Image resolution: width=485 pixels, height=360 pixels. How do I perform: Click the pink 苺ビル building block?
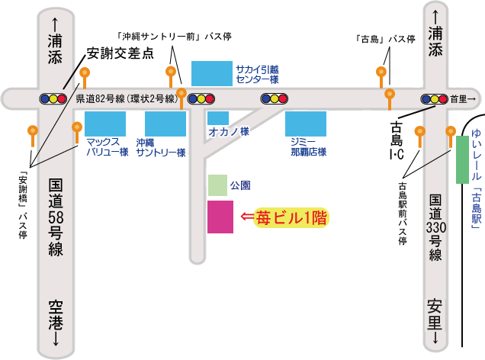(220, 217)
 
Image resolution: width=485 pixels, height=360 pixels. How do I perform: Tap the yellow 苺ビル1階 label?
(292, 218)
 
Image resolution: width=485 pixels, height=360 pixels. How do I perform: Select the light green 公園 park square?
(217, 185)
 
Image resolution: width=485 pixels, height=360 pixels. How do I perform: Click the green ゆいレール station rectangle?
(462, 159)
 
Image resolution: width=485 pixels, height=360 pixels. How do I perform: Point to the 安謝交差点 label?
(120, 54)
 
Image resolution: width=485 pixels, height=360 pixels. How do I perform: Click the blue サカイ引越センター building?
(212, 73)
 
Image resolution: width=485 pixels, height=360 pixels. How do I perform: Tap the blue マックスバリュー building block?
(105, 124)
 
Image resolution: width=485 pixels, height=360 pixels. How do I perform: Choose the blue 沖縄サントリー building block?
(165, 124)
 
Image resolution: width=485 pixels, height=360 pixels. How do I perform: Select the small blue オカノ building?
(218, 117)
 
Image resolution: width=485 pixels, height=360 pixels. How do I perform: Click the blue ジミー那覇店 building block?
(306, 124)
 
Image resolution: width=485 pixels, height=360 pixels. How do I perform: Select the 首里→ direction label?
(463, 99)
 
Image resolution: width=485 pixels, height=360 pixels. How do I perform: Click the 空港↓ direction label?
(55, 321)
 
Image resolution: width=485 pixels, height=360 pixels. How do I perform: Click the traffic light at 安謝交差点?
(53, 98)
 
